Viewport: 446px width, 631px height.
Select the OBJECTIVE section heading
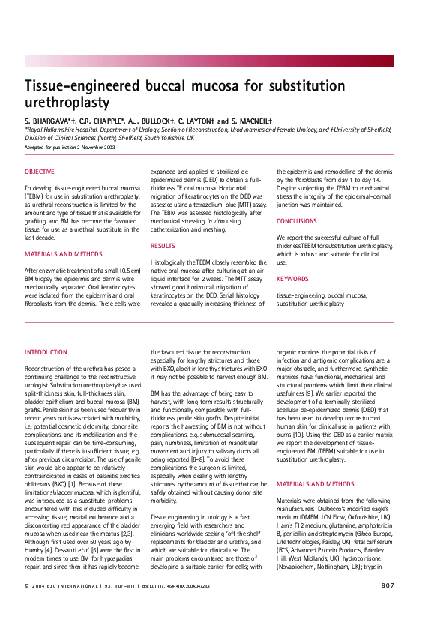[x=39, y=172]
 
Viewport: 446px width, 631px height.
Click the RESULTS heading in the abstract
[x=163, y=245]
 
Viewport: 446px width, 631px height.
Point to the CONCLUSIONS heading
[x=297, y=221]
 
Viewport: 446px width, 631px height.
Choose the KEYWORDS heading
[x=292, y=279]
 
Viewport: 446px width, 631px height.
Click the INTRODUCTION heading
[x=46, y=351]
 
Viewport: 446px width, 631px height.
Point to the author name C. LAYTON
[x=201, y=120]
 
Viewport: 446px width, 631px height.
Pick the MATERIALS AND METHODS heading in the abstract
[x=62, y=254]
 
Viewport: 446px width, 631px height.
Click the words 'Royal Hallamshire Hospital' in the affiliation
[x=58, y=130]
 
